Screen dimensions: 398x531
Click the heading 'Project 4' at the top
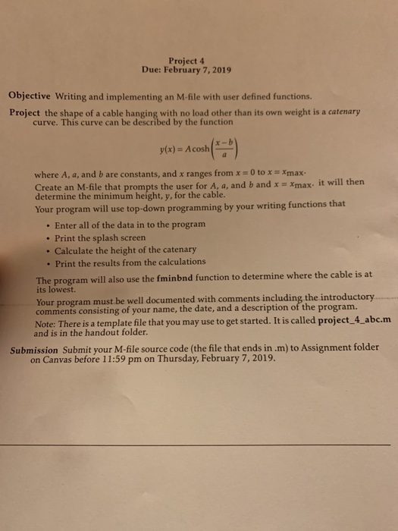pyautogui.click(x=185, y=60)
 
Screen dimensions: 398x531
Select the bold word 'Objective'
pyautogui.click(x=30, y=96)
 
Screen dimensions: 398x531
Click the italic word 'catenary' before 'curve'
pyautogui.click(x=340, y=111)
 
